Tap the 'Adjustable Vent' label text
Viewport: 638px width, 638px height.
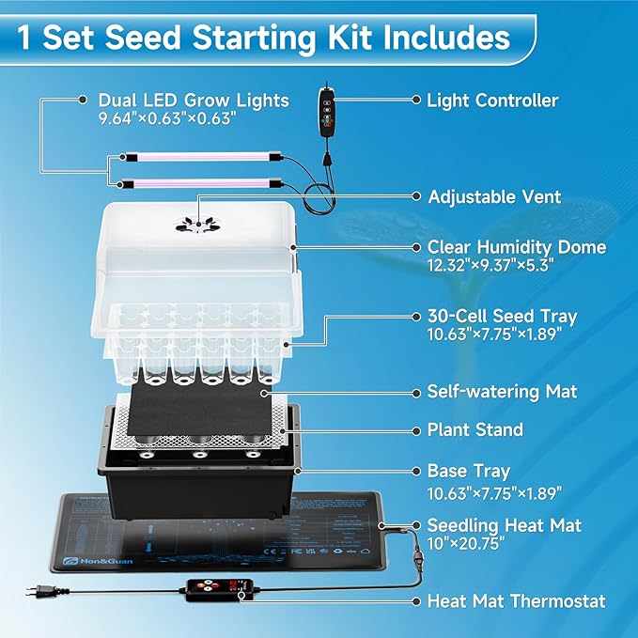pyautogui.click(x=494, y=196)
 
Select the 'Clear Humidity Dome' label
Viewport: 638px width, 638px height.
pyautogui.click(x=516, y=247)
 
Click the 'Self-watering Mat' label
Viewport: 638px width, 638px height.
pyautogui.click(x=503, y=390)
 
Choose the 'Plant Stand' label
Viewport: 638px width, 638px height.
pyautogui.click(x=475, y=429)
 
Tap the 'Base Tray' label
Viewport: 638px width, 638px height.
pyautogui.click(x=469, y=470)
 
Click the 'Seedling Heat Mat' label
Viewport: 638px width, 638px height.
pyautogui.click(x=505, y=525)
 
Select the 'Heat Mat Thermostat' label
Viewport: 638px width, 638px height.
pyautogui.click(x=516, y=600)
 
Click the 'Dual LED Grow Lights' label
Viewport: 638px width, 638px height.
pyautogui.click(x=194, y=100)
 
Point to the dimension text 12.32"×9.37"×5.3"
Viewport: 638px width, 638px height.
pyautogui.click(x=486, y=265)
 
